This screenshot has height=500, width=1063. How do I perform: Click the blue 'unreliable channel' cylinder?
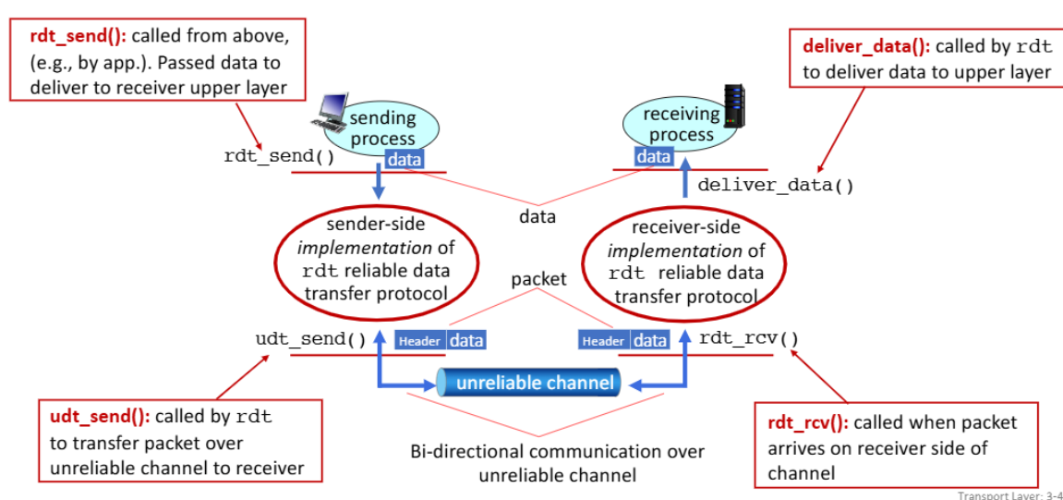click(x=529, y=383)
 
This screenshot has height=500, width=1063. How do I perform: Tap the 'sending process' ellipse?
click(x=381, y=128)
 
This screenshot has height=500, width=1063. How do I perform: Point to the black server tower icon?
click(x=733, y=105)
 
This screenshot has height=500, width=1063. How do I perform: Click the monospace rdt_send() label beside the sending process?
click(x=279, y=157)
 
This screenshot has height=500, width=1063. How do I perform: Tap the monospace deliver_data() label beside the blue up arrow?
click(x=776, y=185)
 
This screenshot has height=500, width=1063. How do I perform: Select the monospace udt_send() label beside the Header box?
click(x=310, y=338)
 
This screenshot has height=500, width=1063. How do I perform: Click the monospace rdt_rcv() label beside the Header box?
click(x=748, y=338)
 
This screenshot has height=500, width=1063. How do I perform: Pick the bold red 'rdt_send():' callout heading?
click(x=79, y=37)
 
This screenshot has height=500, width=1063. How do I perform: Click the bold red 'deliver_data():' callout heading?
click(x=866, y=46)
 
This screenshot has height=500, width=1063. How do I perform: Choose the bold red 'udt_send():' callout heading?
click(x=100, y=417)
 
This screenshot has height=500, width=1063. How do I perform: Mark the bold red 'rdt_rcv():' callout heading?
click(x=807, y=423)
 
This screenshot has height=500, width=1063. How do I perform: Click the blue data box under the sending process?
click(x=405, y=160)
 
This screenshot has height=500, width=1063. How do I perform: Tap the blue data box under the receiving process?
click(x=654, y=157)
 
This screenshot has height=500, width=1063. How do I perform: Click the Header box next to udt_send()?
click(x=419, y=340)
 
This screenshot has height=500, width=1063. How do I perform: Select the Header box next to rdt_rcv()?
click(x=604, y=340)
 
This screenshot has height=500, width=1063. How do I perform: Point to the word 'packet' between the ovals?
click(x=539, y=279)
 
